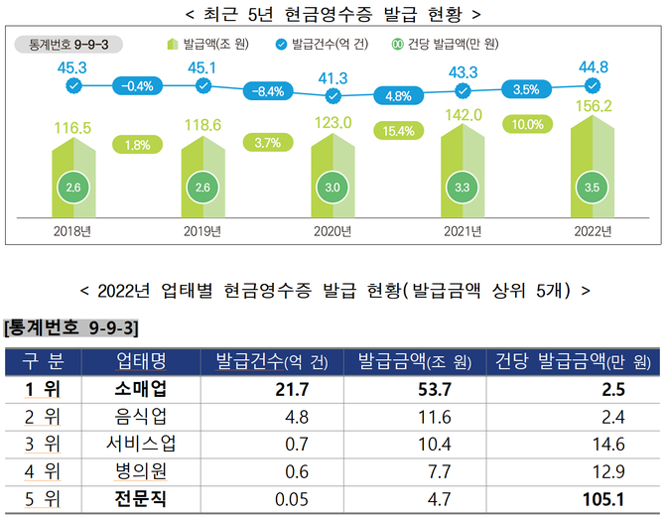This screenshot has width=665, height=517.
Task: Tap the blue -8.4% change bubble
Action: tap(269, 90)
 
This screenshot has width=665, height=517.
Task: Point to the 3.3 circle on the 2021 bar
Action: tap(463, 187)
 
